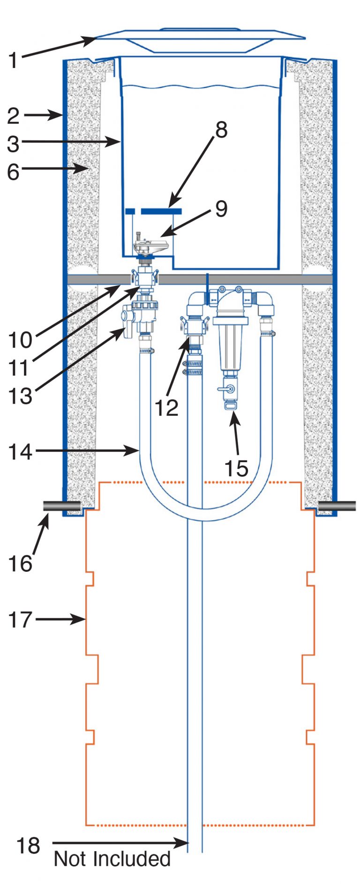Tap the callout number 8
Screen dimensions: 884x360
coord(221,130)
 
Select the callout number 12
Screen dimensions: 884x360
coord(166,408)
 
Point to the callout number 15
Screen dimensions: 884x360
coord(236,468)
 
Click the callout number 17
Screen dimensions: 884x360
coord(20,620)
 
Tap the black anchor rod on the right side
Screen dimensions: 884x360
coord(337,506)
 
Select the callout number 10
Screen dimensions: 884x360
coord(20,340)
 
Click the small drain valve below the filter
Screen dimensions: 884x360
coord(227,390)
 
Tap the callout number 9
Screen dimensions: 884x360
coord(221,209)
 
